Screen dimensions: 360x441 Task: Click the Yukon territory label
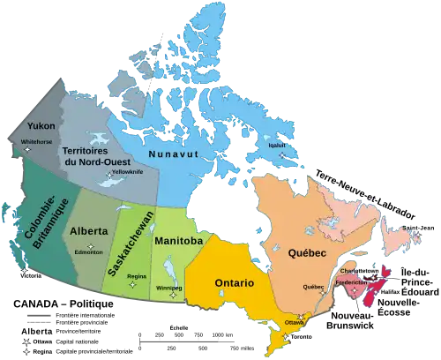coord(41,125)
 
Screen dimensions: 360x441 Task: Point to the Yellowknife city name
coord(123,171)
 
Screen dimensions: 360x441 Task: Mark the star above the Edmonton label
coord(89,244)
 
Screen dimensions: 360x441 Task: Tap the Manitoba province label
coord(179,240)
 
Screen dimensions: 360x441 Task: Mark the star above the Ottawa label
coord(300,316)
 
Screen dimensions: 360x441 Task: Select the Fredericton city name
coord(351,282)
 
